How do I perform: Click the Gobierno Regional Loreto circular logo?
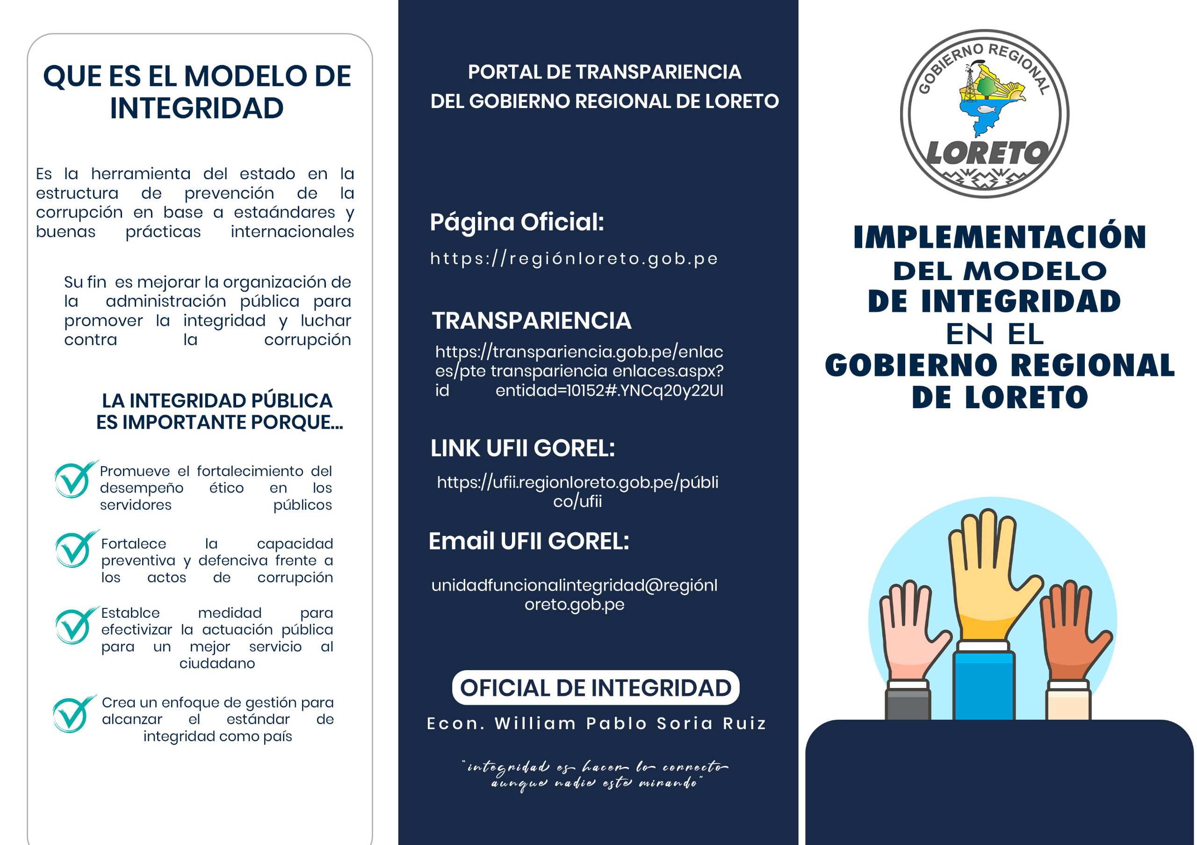984,114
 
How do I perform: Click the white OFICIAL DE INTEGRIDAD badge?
595,687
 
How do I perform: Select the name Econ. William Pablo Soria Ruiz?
597,723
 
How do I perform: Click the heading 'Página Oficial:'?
517,222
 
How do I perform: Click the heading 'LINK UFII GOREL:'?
522,448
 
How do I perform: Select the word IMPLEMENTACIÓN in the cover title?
999,238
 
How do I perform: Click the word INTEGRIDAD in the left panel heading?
196,108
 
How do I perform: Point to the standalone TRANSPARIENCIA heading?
531,321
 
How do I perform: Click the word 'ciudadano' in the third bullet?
217,664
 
